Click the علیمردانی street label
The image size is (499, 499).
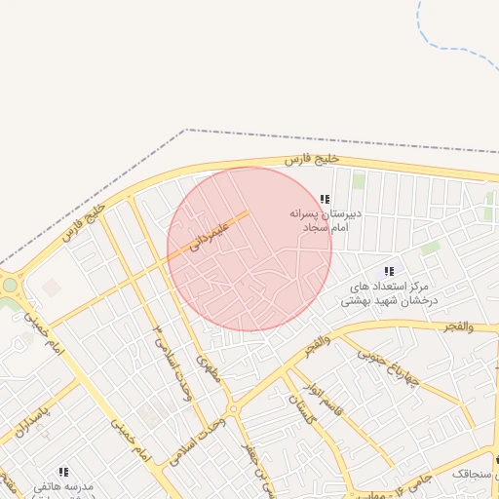[209, 239]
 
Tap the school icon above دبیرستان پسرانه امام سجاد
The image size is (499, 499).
[325, 199]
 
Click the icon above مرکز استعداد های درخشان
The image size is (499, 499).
[389, 271]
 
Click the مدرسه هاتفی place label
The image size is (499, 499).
[63, 485]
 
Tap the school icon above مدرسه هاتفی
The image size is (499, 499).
[63, 472]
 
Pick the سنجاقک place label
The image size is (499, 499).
[472, 472]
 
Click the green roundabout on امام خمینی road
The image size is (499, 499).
[11, 286]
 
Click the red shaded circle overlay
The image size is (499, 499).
[249, 249]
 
